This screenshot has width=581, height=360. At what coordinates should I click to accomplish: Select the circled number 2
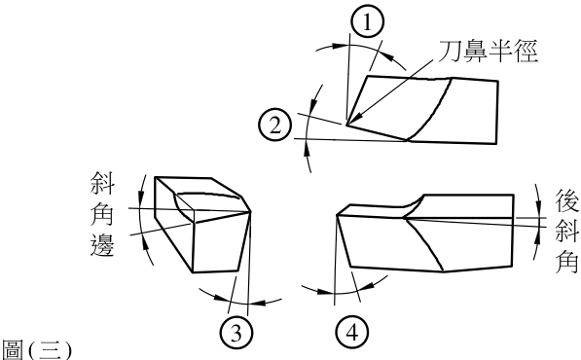(275, 125)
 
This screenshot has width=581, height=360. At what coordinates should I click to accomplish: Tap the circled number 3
(236, 332)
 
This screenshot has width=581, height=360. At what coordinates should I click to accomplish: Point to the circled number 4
(352, 332)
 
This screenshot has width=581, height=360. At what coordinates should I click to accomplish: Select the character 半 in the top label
(500, 51)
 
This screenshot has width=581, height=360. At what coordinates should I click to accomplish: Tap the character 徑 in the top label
(526, 51)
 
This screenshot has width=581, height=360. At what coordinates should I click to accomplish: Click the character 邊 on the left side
(102, 244)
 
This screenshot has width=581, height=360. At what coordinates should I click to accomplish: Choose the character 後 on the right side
(567, 200)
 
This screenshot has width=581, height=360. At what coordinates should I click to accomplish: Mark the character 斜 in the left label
(102, 183)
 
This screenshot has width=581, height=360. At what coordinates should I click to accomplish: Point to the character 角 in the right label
(567, 261)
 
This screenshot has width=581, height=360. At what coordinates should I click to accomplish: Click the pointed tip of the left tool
(251, 212)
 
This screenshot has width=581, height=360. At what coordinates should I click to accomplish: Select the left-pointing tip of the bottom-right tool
(337, 215)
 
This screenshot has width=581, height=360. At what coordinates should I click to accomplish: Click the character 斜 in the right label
(567, 231)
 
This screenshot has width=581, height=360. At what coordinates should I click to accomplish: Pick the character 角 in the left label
(102, 214)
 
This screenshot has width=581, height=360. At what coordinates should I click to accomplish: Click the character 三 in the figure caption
(49, 350)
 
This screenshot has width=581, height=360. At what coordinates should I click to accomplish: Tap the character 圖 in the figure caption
(13, 350)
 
